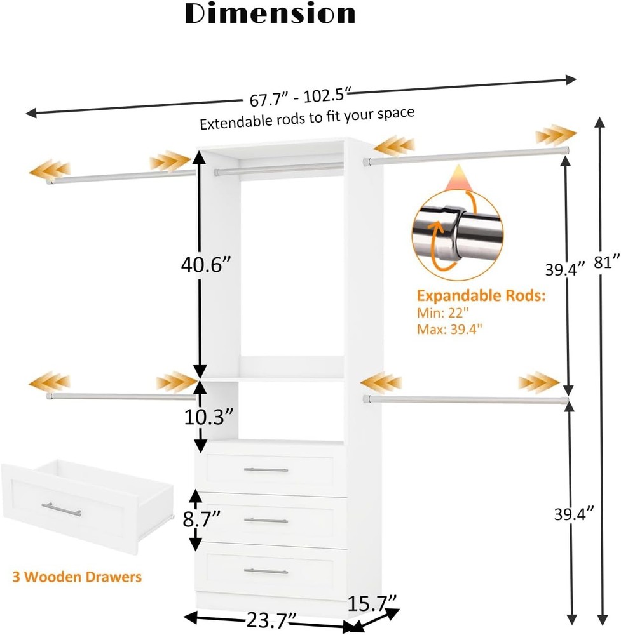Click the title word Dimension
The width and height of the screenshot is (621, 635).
coord(270,14)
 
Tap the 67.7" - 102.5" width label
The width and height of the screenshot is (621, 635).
coord(297,98)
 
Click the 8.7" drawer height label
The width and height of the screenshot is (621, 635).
coord(201,519)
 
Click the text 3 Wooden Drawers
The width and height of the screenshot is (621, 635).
coord(77,577)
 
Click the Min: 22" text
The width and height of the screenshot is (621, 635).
coord(443,313)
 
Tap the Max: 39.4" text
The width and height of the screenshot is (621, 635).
coord(449,329)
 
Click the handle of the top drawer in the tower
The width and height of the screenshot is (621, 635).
coord(266,471)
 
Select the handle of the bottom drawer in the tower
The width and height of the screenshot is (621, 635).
coord(266,571)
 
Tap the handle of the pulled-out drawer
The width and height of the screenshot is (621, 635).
coord(61,509)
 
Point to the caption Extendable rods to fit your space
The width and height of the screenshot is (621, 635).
coord(307,118)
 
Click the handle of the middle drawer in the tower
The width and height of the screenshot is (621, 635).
coord(266,521)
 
